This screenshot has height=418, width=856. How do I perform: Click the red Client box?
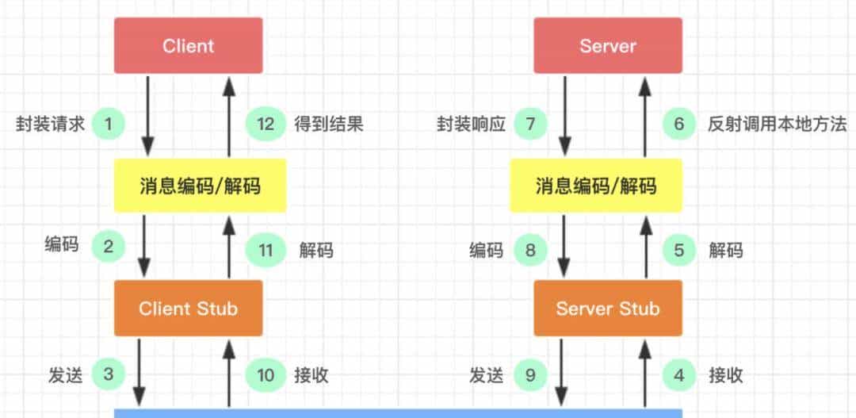[188, 46]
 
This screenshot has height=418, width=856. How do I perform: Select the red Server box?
[607, 46]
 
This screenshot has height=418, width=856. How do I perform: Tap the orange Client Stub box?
[188, 309]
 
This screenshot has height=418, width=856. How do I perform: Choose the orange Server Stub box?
[607, 309]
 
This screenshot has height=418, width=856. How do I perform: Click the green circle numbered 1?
[109, 124]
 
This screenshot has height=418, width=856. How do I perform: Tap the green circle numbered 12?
[266, 124]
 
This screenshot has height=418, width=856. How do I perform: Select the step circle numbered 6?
[678, 124]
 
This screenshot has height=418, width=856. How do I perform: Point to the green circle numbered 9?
[530, 374]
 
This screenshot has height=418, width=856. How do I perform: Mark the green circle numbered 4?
[678, 374]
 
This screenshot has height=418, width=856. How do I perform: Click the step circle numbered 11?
[266, 251]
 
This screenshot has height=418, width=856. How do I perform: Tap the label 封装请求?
[50, 125]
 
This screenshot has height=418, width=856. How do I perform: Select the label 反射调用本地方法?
[778, 125]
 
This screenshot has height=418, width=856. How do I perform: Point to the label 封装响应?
[471, 125]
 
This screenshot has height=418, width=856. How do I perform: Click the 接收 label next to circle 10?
[311, 375]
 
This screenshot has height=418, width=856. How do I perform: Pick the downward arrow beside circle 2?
[144, 247]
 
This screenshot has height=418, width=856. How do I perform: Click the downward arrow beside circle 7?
[564, 116]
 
